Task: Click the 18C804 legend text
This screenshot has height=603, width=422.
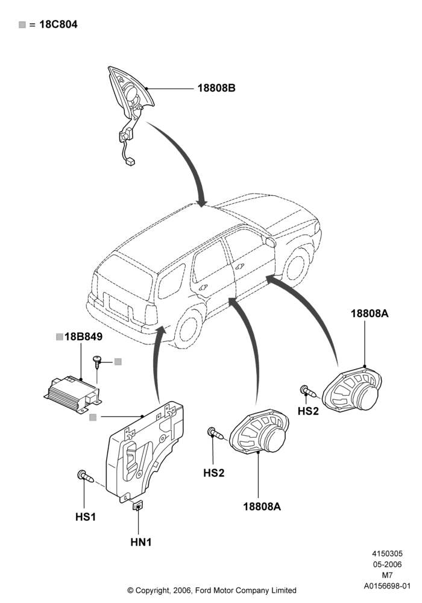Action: pos(58,25)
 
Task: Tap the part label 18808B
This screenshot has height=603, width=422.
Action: pos(216,88)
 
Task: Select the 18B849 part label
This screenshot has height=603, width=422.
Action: pos(83,336)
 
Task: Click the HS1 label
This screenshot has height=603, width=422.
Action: pos(86,517)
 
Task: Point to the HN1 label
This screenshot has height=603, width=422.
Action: pos(141,542)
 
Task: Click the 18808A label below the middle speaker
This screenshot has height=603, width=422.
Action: pos(262,507)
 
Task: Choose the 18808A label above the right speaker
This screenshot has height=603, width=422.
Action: pos(370,314)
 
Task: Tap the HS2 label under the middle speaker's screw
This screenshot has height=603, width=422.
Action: pos(213,473)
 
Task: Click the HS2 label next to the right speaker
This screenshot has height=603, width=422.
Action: pos(308,411)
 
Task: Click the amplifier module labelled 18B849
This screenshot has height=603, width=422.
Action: pos(73,394)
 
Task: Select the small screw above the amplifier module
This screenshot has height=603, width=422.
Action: pos(97,362)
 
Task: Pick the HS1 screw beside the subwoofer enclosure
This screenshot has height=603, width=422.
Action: pos(86,476)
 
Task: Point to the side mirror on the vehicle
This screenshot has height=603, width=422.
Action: pos(271,242)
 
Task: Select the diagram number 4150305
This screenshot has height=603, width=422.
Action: pos(387,554)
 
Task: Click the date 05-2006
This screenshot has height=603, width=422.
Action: pos(387,564)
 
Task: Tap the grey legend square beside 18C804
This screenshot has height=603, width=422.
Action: pos(22,25)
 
